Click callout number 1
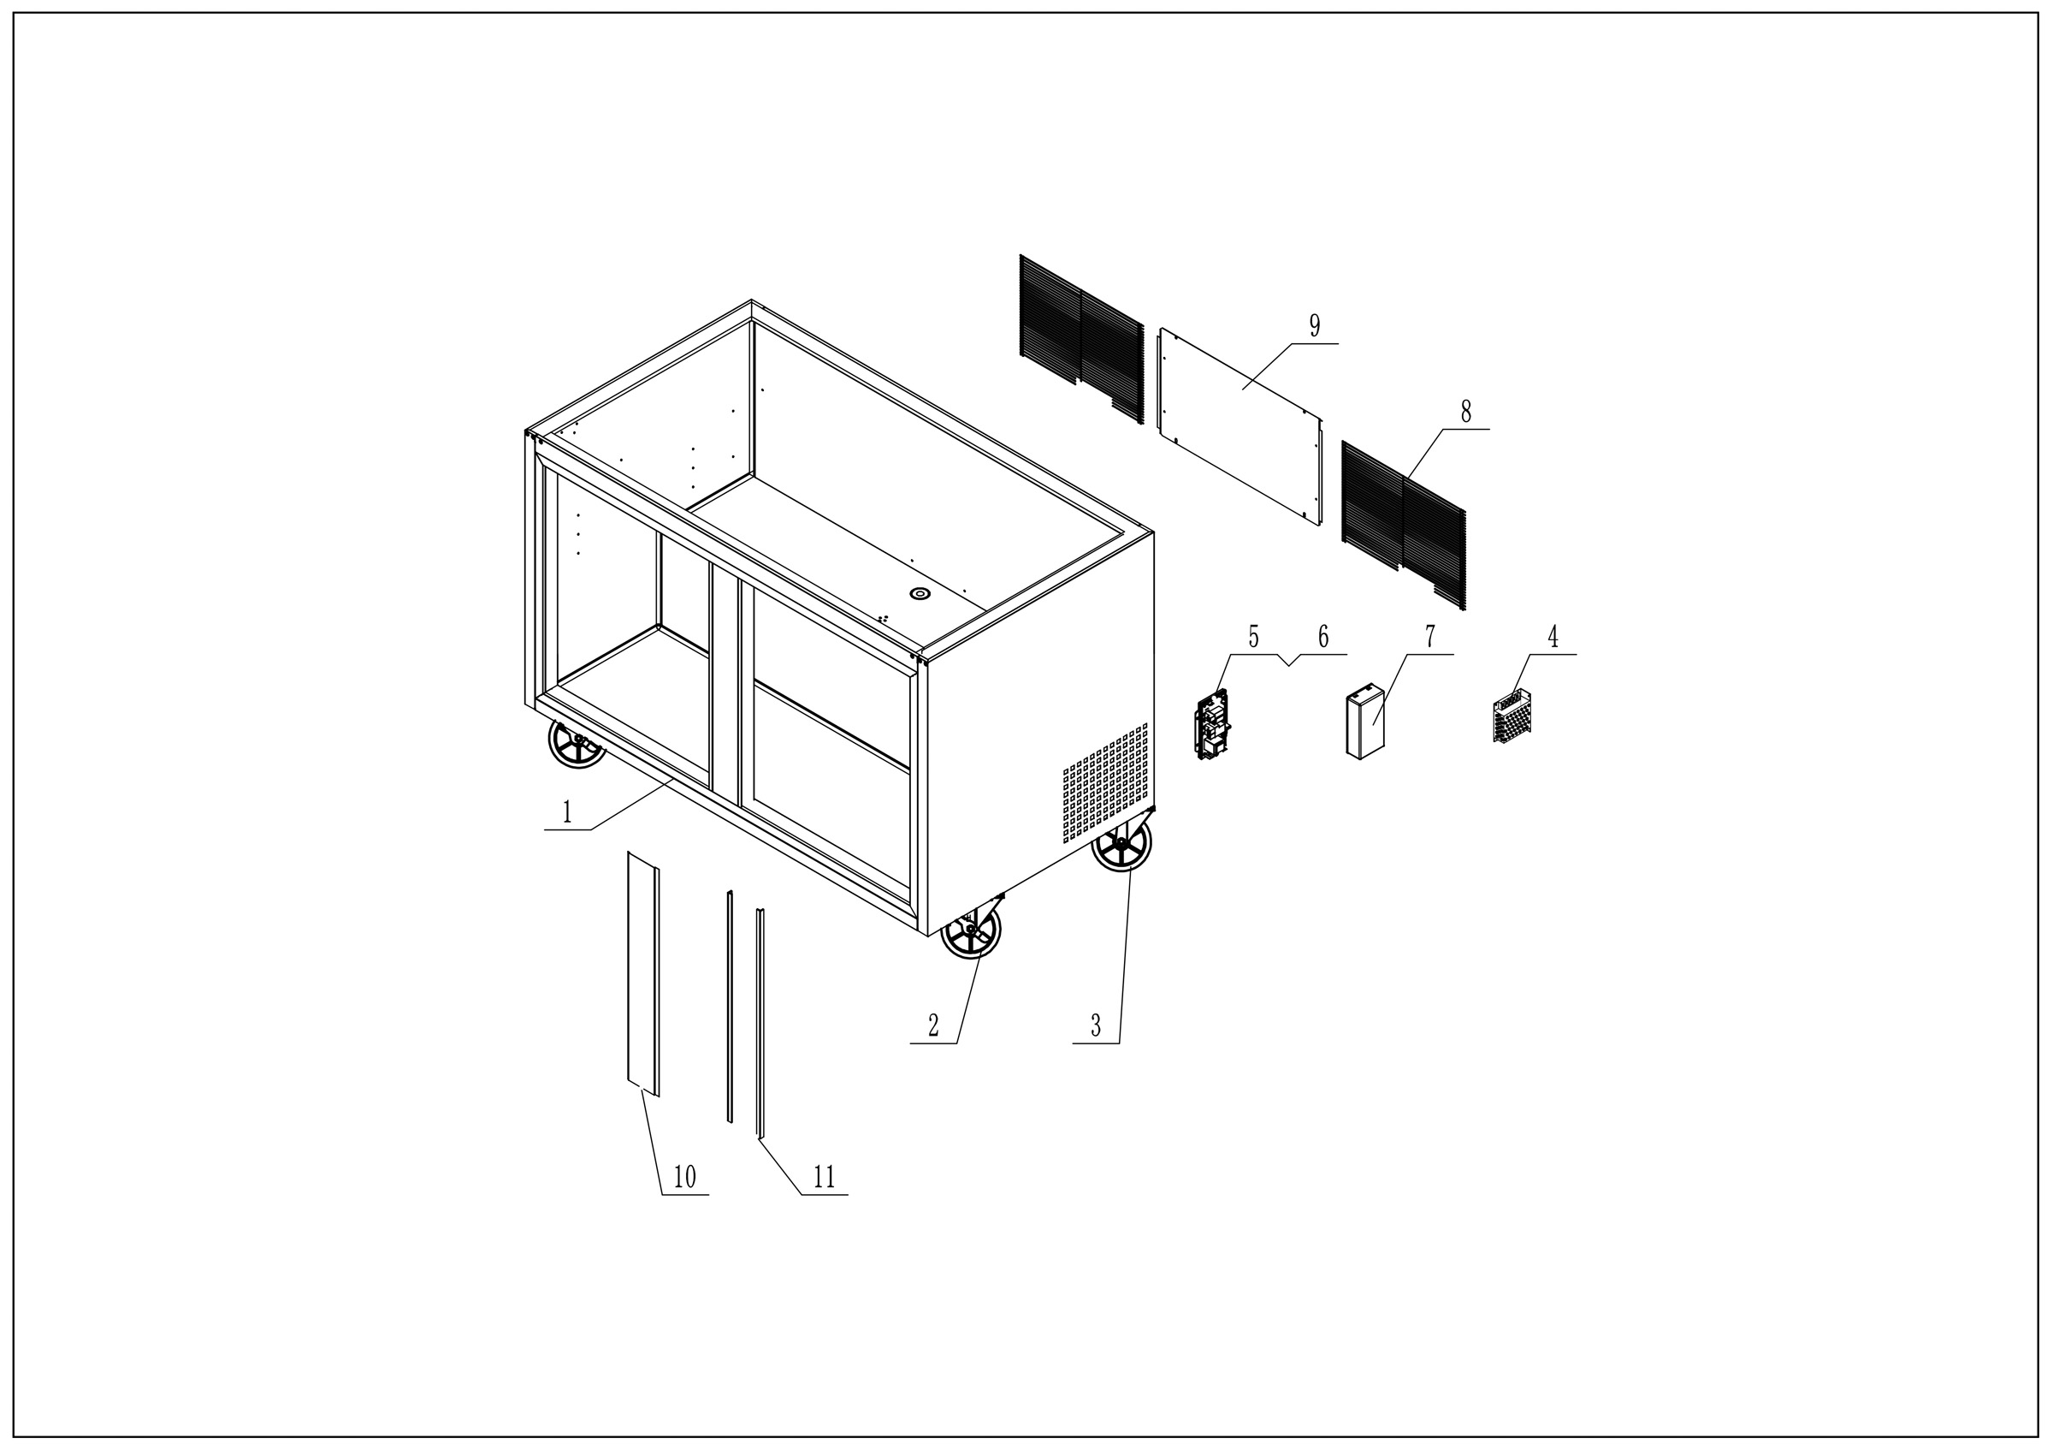coord(567,812)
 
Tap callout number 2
coord(933,1026)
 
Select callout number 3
coord(1095,1026)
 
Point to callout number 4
coord(1553,637)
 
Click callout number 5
coord(1254,637)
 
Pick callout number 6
coord(1323,637)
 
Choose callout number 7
coord(1429,637)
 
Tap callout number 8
coord(1465,412)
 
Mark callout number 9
coord(1315,325)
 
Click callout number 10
coord(684,1177)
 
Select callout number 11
coord(824,1177)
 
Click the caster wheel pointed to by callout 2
coord(971,930)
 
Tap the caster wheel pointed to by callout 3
coord(1121,842)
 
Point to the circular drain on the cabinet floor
coord(920,594)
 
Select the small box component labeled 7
coord(1365,722)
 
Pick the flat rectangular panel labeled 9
coord(1240,428)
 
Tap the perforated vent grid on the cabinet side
coord(1105,782)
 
